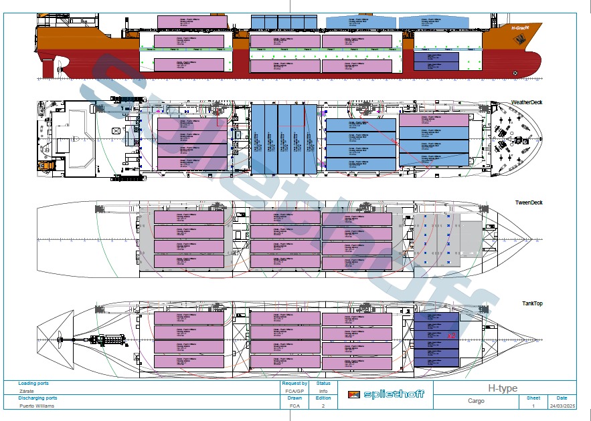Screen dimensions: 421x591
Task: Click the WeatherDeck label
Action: click(527, 102)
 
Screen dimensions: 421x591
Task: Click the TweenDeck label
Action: click(528, 202)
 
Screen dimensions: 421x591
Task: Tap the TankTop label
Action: click(532, 303)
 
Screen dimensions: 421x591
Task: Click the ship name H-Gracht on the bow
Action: click(520, 28)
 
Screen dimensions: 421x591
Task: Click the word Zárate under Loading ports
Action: click(27, 391)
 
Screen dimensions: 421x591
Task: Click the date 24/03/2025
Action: click(561, 406)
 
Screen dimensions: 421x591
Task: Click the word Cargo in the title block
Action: click(476, 402)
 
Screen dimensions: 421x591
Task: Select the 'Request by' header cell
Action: click(295, 384)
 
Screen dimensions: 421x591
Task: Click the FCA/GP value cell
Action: click(295, 391)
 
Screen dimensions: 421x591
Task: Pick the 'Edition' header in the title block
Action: click(323, 398)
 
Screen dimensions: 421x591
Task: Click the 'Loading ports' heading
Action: click(33, 384)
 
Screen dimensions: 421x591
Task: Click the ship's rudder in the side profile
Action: click(48, 67)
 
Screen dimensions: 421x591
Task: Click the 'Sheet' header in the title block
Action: click(533, 398)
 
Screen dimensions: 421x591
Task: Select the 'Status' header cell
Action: click(323, 384)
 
